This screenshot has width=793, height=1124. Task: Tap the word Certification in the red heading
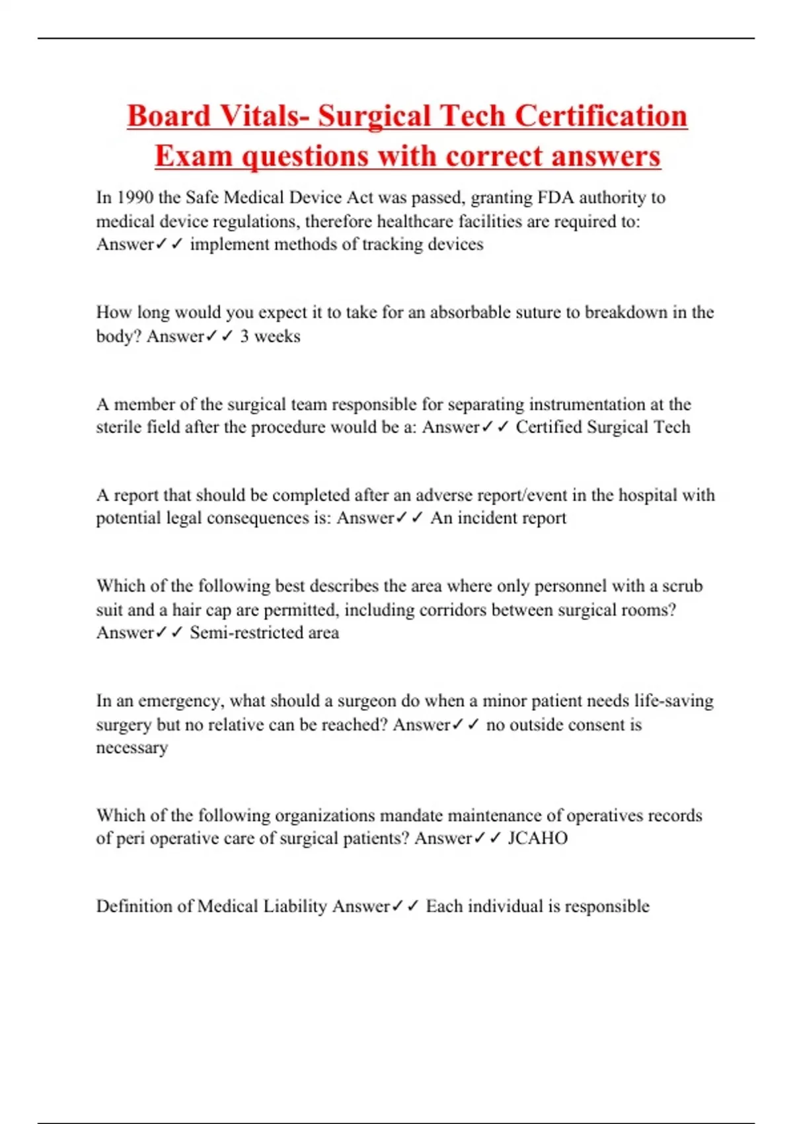coord(601,116)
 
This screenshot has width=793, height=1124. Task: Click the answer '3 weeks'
coord(270,336)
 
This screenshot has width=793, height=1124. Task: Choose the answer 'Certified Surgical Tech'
coord(603,427)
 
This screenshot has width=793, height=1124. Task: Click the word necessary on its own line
coord(132,748)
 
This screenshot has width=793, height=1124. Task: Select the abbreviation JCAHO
coord(537,838)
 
